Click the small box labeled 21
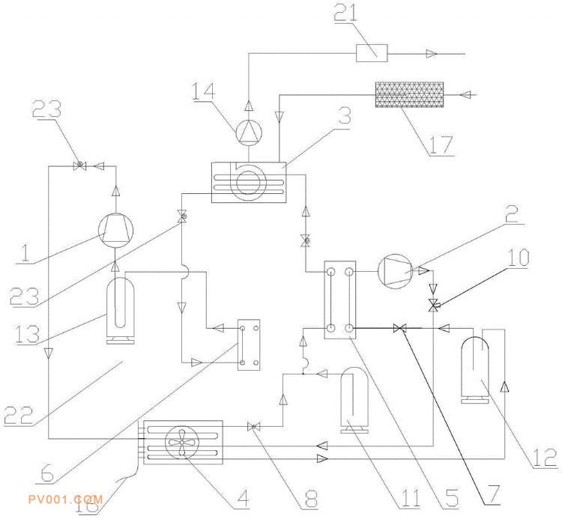coord(372,52)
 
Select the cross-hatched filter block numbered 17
coord(409,95)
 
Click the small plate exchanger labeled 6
coord(249,345)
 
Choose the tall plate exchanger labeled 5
coord(339,299)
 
